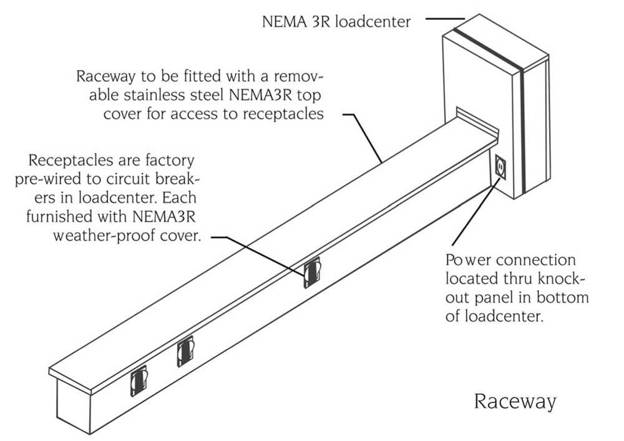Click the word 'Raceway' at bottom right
point(515,401)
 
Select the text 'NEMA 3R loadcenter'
point(336,22)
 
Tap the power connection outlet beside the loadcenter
point(499,167)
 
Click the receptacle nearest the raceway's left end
point(139,381)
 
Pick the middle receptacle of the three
point(185,352)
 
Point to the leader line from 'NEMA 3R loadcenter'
point(446,19)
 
